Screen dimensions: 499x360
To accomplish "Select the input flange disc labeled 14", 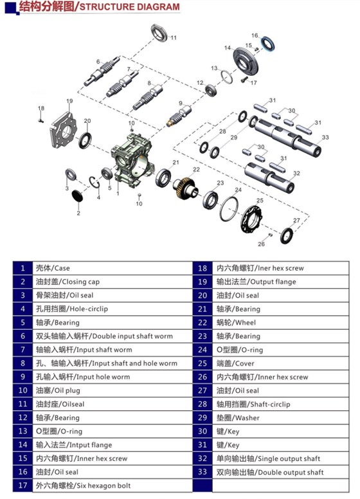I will (243, 59).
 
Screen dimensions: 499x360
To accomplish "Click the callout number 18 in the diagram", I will (40, 107).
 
